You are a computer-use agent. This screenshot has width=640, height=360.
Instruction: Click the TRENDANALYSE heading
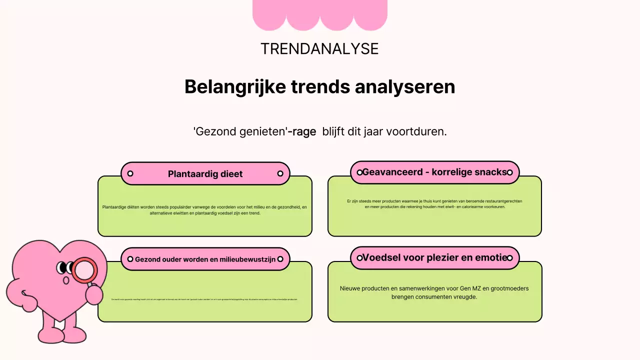click(x=319, y=49)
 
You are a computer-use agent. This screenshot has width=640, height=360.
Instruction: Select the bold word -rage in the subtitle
click(x=302, y=132)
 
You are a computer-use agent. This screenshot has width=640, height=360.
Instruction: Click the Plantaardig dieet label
click(x=205, y=174)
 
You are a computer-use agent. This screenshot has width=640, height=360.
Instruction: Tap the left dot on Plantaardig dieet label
click(x=130, y=173)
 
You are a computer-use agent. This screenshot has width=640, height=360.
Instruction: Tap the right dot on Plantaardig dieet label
click(x=280, y=173)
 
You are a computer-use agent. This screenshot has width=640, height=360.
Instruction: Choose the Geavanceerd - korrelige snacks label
click(x=434, y=172)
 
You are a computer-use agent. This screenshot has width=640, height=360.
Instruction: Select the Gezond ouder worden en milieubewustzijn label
click(x=205, y=259)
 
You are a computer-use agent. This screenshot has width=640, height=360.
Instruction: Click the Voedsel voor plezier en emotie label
click(x=434, y=258)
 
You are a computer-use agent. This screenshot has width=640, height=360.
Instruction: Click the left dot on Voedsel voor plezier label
click(x=359, y=258)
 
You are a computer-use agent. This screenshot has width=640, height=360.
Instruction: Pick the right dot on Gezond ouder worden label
click(x=280, y=259)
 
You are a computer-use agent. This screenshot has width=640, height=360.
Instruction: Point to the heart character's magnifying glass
click(x=84, y=270)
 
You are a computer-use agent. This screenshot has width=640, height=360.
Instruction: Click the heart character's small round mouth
click(x=66, y=280)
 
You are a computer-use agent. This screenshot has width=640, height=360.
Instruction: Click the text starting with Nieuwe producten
click(x=434, y=292)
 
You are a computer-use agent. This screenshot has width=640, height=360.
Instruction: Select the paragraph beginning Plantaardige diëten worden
click(x=205, y=210)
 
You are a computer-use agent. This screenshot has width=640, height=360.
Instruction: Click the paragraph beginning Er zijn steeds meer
click(x=434, y=204)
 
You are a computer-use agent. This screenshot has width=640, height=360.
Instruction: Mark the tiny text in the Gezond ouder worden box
click(x=204, y=299)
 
